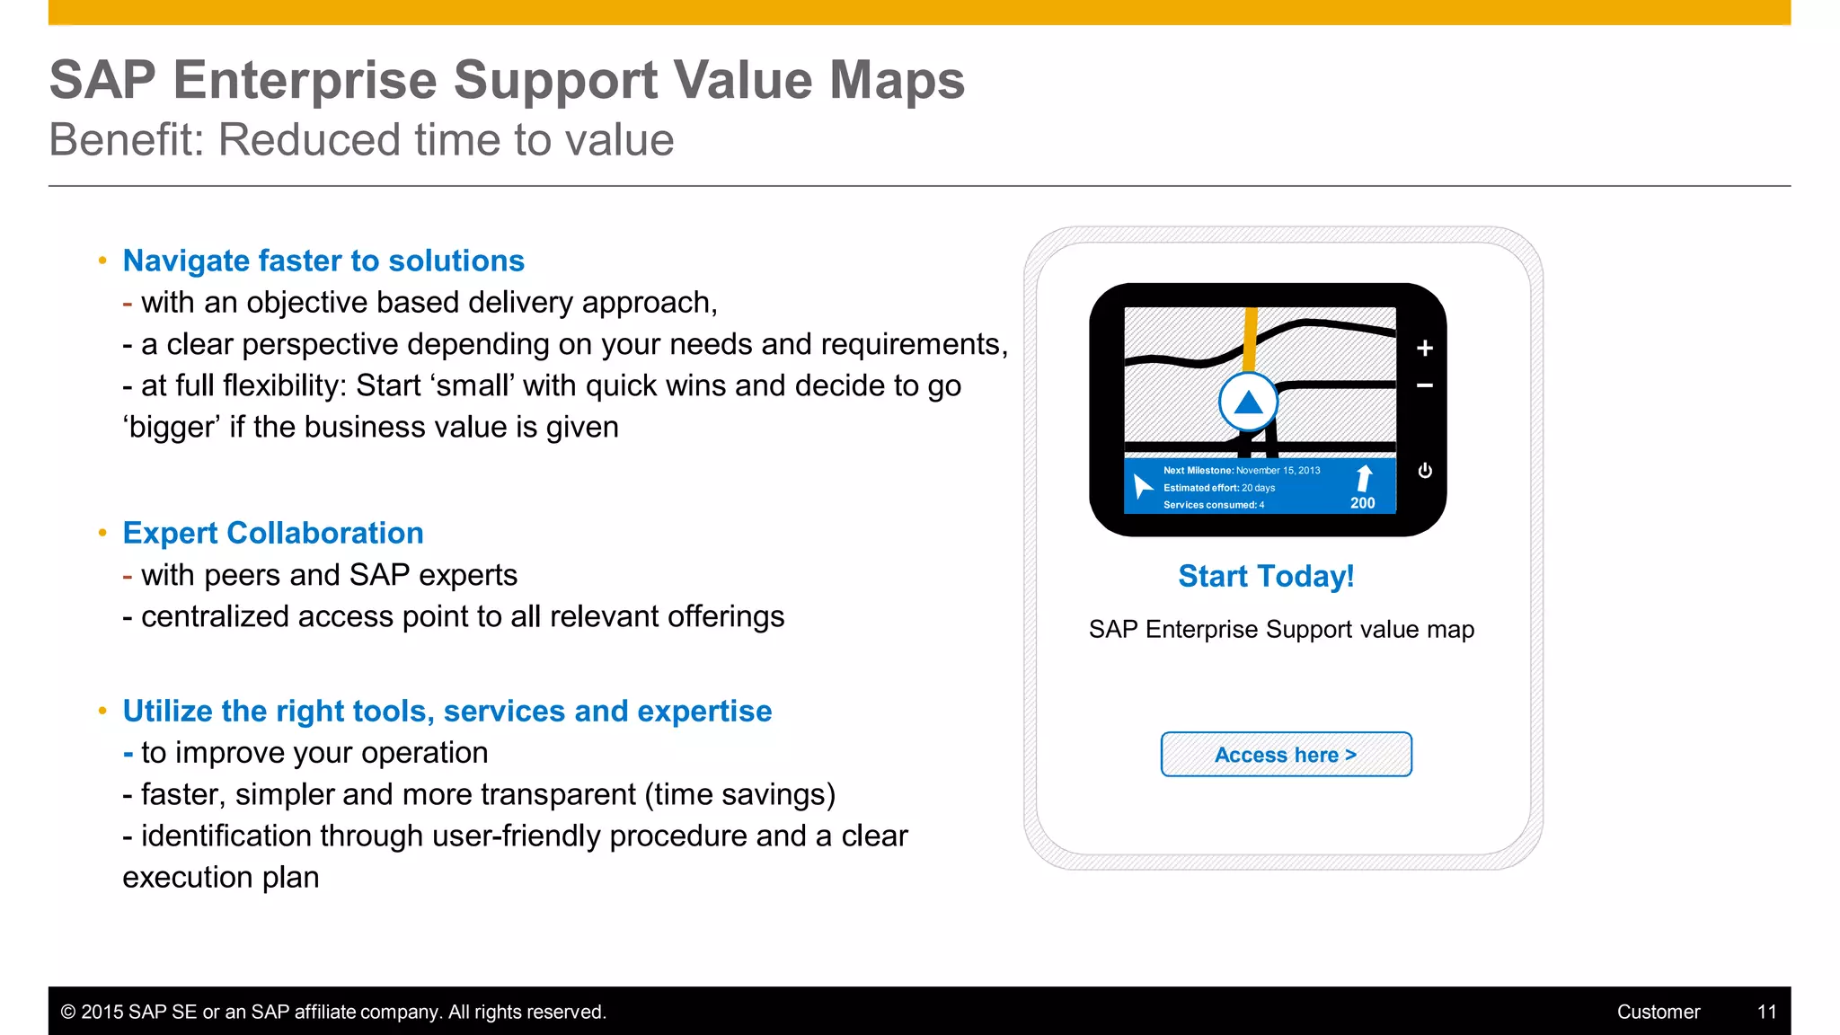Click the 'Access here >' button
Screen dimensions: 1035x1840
[x=1286, y=755]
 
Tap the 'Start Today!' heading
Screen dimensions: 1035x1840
[x=1266, y=576]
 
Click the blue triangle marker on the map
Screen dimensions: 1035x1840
[x=1248, y=403]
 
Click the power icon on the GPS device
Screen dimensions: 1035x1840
[x=1425, y=471]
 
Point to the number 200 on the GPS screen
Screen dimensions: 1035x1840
[x=1362, y=503]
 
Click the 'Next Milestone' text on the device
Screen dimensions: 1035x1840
[x=1198, y=470]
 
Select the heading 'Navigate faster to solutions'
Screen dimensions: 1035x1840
[x=323, y=261]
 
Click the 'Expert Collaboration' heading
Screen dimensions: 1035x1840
[x=273, y=533]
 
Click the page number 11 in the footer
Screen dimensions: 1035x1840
[x=1766, y=1012]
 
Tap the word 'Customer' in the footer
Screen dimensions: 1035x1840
[x=1658, y=1012]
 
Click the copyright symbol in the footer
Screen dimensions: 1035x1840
[x=68, y=1012]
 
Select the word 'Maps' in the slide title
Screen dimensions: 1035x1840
[x=897, y=80]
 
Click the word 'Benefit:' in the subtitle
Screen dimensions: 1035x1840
[x=127, y=140]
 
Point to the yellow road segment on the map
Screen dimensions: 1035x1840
[x=1250, y=337]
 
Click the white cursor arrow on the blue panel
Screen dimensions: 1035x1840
[x=1142, y=486]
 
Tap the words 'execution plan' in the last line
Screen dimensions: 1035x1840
[x=221, y=877]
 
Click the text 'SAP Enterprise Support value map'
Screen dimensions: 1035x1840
[x=1281, y=630]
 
